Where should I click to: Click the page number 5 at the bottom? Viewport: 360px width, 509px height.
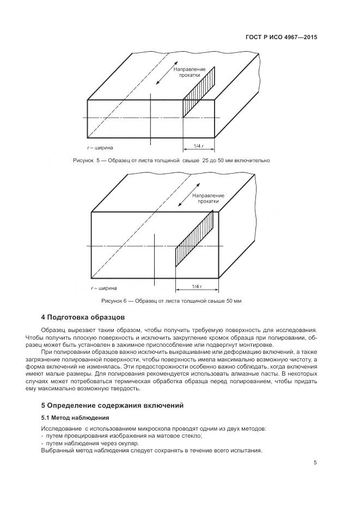tap(315, 463)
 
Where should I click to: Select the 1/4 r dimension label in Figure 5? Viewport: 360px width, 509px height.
tap(198, 146)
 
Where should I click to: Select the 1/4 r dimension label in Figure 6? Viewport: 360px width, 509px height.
tap(197, 286)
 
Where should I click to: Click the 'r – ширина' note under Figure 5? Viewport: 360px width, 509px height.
tap(101, 148)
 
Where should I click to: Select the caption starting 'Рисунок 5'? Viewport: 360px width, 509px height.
tap(171, 161)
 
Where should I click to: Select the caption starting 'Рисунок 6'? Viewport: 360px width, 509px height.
tap(171, 301)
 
